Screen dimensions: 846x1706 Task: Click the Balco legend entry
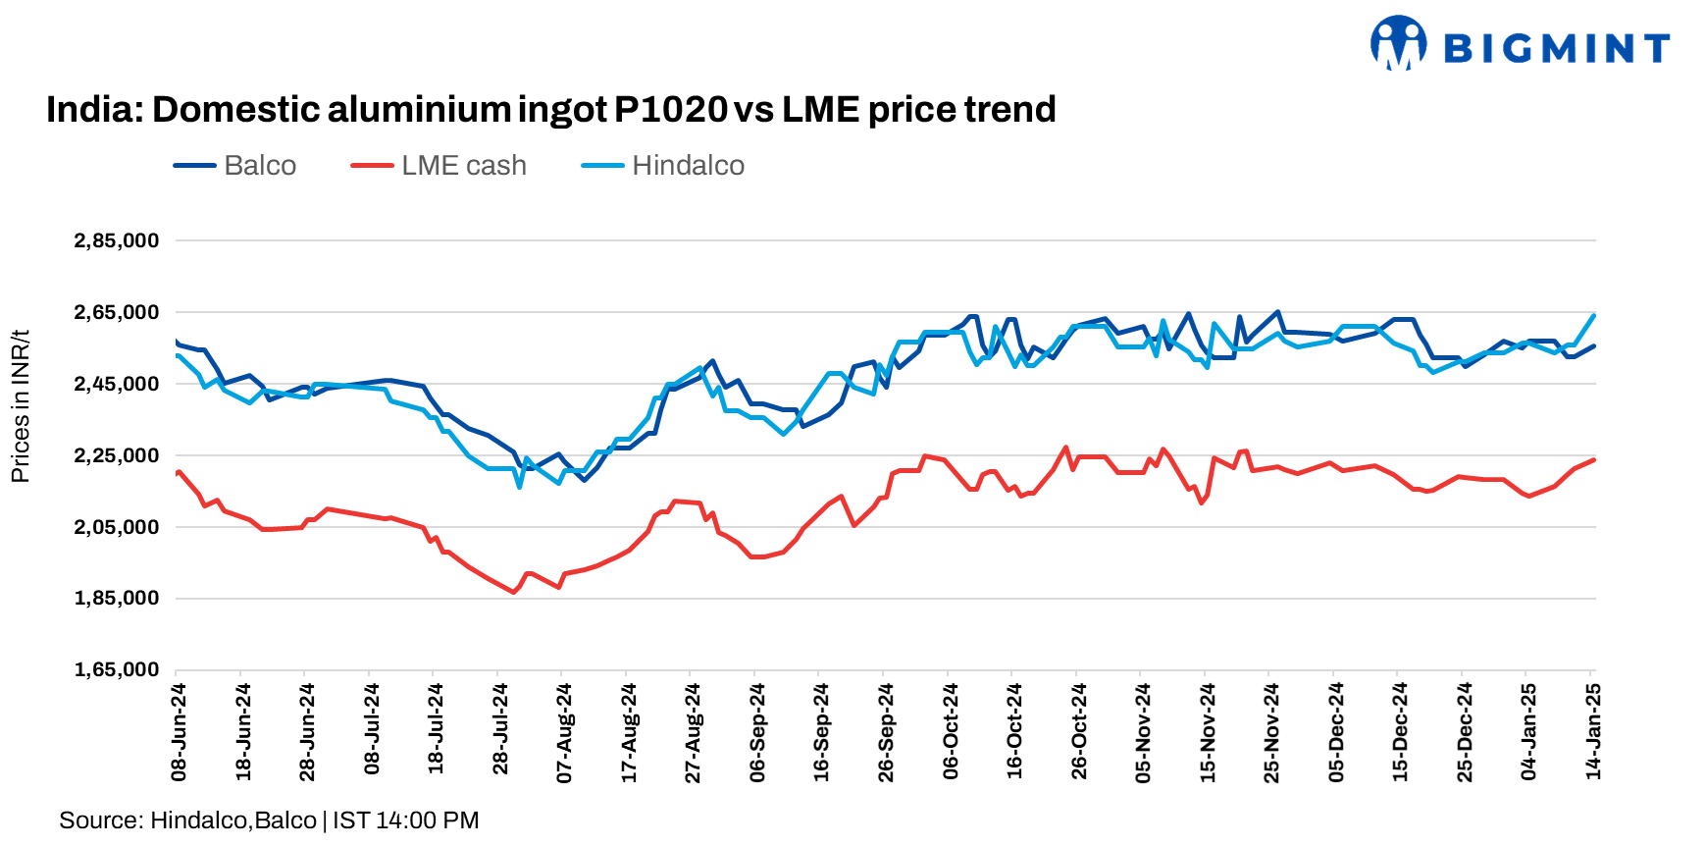pyautogui.click(x=259, y=165)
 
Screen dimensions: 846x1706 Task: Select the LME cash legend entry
pyautogui.click(x=463, y=165)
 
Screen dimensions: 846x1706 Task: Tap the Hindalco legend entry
pyautogui.click(x=687, y=165)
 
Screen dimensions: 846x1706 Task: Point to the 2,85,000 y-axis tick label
pyautogui.click(x=116, y=240)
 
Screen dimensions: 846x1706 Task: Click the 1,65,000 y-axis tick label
pyautogui.click(x=116, y=669)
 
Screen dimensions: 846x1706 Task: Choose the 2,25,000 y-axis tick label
pyautogui.click(x=116, y=455)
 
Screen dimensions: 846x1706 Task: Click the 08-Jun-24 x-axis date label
pyautogui.click(x=179, y=732)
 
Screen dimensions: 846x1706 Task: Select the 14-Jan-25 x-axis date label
pyautogui.click(x=1593, y=732)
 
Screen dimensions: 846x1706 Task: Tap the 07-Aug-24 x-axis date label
pyautogui.click(x=564, y=732)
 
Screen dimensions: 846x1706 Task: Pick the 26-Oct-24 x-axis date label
pyautogui.click(x=1079, y=732)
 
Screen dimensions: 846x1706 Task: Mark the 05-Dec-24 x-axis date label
pyautogui.click(x=1336, y=732)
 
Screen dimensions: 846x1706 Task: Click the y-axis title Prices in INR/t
pyautogui.click(x=20, y=405)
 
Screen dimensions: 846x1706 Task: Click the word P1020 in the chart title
pyautogui.click(x=671, y=109)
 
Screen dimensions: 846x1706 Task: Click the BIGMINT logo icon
pyautogui.click(x=1398, y=43)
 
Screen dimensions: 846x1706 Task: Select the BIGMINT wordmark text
pyautogui.click(x=1557, y=47)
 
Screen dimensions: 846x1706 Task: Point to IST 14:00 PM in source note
pyautogui.click(x=405, y=820)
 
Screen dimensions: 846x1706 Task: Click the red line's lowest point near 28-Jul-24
pyautogui.click(x=513, y=592)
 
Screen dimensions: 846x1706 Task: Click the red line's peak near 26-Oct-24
pyautogui.click(x=1065, y=448)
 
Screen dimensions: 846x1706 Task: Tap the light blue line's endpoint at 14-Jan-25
pyautogui.click(x=1594, y=315)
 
